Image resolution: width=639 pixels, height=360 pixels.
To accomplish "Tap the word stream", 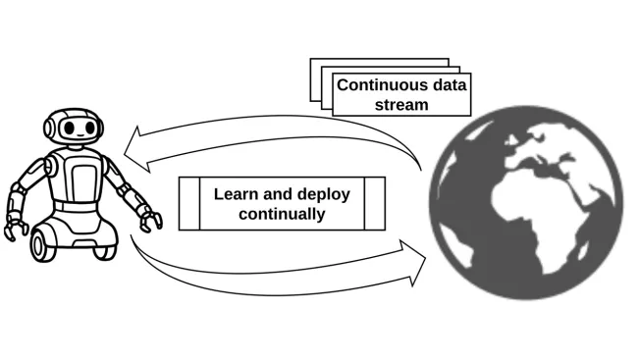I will pyautogui.click(x=401, y=104).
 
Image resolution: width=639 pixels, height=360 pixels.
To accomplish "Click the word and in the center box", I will pyautogui.click(x=281, y=193).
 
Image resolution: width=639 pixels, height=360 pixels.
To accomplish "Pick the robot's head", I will pyautogui.click(x=74, y=128).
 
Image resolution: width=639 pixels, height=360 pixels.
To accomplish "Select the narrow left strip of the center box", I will pyautogui.click(x=189, y=203).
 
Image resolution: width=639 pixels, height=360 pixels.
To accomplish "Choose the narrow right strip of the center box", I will pyautogui.click(x=375, y=203).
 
